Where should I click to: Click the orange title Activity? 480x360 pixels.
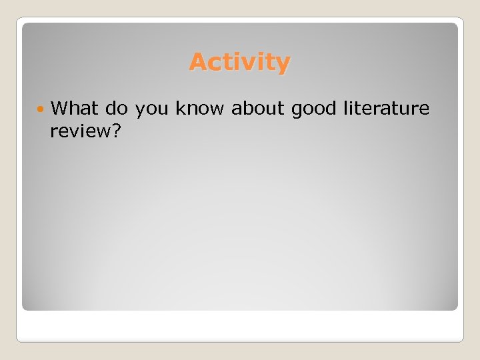tap(239, 63)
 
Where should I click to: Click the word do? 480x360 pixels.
tap(115, 108)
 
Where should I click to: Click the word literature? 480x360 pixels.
tap(387, 108)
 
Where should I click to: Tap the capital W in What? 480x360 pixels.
tap(59, 108)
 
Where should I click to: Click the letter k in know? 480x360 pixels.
tap(180, 108)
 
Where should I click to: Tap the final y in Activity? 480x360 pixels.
tap(283, 65)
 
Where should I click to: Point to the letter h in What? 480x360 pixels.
tap(73, 108)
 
